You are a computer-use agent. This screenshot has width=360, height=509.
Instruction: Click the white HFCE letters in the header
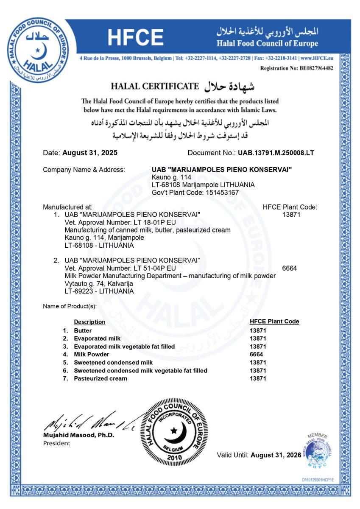click(135, 38)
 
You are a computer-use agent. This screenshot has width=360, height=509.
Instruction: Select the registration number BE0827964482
click(311, 68)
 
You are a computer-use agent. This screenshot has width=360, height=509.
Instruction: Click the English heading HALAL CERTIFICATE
click(155, 87)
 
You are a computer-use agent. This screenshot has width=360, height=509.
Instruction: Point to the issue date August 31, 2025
click(90, 153)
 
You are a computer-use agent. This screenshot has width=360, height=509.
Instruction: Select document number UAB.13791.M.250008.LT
click(276, 153)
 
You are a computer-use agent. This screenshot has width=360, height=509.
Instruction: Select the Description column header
click(89, 322)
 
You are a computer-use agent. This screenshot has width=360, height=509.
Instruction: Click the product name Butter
click(83, 330)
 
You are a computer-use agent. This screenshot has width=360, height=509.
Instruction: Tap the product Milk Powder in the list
click(91, 354)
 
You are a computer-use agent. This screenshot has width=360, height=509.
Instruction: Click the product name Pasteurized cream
click(100, 378)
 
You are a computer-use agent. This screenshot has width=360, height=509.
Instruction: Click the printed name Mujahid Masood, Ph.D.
click(78, 435)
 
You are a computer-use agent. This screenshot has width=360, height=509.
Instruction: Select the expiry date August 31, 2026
click(276, 455)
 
